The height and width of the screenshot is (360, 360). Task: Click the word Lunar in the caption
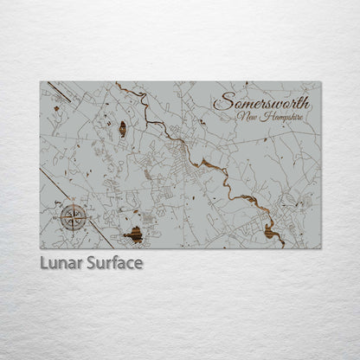(60, 263)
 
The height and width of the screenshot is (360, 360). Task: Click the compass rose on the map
(74, 215)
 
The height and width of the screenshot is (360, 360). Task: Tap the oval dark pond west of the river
(122, 129)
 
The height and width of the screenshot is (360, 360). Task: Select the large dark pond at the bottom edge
(134, 233)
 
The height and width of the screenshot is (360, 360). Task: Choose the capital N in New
(240, 117)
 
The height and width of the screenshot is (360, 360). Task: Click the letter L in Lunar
(43, 263)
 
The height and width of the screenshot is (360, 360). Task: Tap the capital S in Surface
(89, 263)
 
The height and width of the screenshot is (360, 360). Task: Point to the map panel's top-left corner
(41, 82)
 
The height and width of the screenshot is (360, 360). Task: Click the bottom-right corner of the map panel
(320, 248)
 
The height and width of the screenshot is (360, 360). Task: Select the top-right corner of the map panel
(320, 82)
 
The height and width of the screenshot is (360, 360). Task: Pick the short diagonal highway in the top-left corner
(59, 90)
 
